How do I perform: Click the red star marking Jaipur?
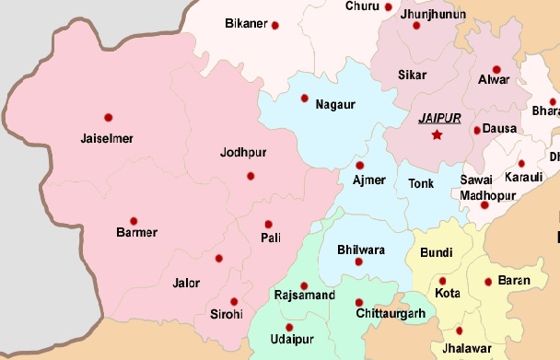[x=437, y=135]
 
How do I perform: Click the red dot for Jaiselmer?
[x=109, y=117]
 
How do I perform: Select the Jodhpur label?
[x=243, y=153]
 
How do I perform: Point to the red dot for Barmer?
[x=134, y=221]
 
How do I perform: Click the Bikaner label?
[x=245, y=23]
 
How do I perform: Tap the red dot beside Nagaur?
[x=305, y=98]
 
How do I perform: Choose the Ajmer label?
[x=369, y=179]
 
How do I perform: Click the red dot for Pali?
[x=268, y=224]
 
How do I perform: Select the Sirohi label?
[x=227, y=315]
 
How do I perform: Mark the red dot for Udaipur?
[x=289, y=327]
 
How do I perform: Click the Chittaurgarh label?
[x=391, y=315]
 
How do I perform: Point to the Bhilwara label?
[x=361, y=250]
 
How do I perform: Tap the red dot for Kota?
[x=443, y=281]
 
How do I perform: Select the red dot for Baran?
[x=488, y=282]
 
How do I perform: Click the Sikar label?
[x=412, y=72]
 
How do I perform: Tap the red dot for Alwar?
[x=496, y=69]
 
